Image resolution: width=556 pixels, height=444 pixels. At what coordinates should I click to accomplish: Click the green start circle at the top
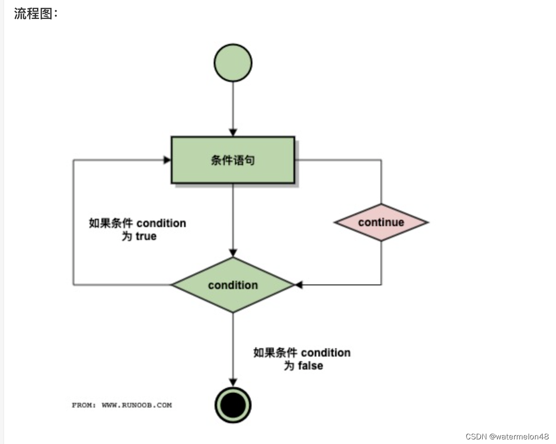[x=233, y=63]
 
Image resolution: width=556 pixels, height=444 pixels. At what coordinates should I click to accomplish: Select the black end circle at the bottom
[x=233, y=405]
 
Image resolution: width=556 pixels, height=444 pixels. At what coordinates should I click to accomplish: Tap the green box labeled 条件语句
[x=233, y=160]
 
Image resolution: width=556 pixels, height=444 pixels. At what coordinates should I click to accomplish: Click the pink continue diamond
[x=381, y=222]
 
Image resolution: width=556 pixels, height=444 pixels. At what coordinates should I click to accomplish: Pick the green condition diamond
[x=233, y=285]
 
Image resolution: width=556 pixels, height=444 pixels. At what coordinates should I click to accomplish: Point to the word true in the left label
[x=146, y=236]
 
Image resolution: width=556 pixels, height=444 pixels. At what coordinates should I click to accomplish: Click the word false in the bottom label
[x=310, y=366]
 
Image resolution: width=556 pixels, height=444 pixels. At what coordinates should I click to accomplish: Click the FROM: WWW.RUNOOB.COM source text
[x=122, y=405]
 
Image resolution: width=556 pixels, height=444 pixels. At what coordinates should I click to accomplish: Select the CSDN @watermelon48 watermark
[x=507, y=437]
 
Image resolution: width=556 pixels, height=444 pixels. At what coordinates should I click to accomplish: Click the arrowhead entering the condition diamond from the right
[x=299, y=285]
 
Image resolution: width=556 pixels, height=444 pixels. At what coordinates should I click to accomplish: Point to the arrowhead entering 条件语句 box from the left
[x=167, y=160]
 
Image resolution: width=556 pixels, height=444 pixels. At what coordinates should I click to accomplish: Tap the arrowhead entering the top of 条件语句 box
[x=233, y=132]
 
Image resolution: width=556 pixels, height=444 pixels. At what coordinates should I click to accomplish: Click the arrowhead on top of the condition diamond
[x=233, y=253]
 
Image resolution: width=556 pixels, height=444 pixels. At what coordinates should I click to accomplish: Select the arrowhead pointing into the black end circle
[x=233, y=382]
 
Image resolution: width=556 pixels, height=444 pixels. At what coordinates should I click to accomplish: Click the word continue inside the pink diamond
[x=381, y=222]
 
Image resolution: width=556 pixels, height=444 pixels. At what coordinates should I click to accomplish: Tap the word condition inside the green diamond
[x=233, y=285]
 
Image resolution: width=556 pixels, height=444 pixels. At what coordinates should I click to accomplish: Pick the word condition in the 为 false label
[x=326, y=353]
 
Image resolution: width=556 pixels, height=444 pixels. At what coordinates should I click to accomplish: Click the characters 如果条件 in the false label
[x=275, y=353]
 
